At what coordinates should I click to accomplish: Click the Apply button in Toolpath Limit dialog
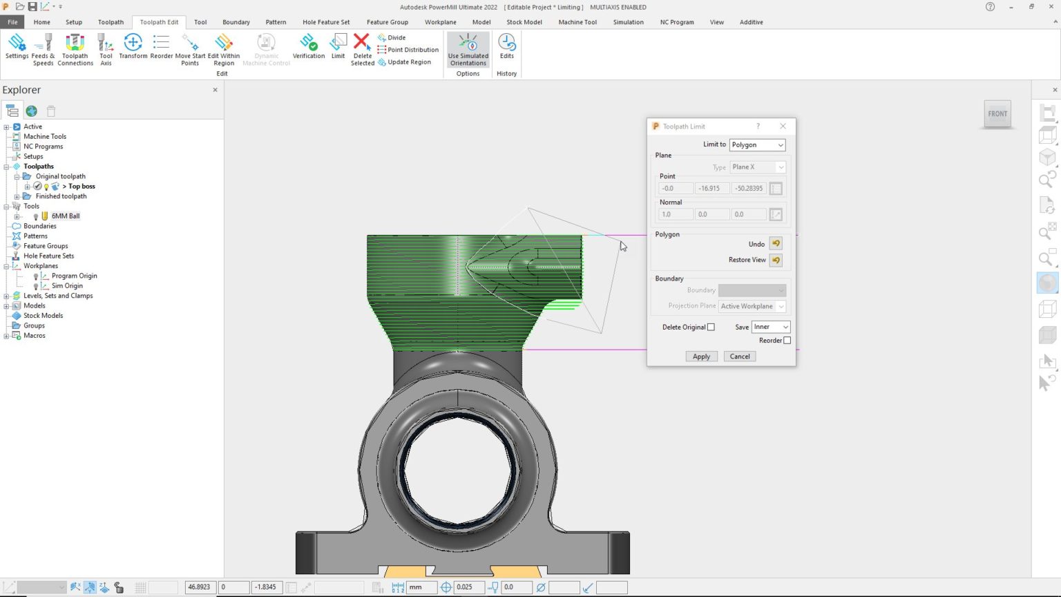click(701, 357)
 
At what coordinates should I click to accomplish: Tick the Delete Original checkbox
click(711, 328)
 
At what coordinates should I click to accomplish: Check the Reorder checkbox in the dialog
click(787, 341)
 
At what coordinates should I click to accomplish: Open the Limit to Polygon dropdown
click(757, 145)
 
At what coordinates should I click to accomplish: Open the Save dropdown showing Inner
click(770, 327)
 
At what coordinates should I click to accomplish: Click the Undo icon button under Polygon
click(776, 244)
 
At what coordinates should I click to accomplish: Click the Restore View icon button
click(776, 260)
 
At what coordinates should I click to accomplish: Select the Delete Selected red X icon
click(361, 43)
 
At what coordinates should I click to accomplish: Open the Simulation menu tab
click(628, 22)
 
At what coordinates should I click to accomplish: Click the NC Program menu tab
click(676, 22)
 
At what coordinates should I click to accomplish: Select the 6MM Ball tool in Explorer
click(66, 216)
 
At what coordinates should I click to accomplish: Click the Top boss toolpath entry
click(82, 187)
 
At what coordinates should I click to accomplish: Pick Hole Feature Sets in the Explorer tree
click(48, 256)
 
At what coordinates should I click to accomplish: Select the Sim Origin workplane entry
click(67, 286)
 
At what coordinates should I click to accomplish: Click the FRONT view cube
click(997, 114)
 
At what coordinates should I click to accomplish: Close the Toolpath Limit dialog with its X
click(783, 126)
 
